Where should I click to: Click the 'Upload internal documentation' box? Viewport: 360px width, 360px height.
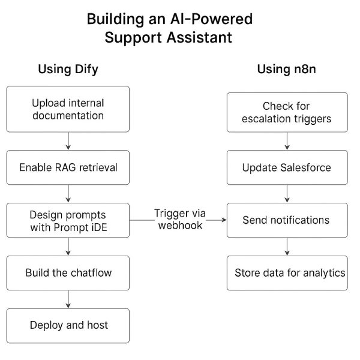pos(68,109)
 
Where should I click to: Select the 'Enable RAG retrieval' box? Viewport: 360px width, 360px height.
pos(68,167)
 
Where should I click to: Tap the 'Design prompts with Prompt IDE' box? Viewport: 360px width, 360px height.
pos(68,220)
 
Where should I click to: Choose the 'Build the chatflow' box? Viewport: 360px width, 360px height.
pos(68,272)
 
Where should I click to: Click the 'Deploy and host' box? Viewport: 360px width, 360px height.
pos(68,325)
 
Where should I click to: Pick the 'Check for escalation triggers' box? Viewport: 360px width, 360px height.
pos(287,112)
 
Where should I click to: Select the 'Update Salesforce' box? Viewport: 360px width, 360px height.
pos(287,167)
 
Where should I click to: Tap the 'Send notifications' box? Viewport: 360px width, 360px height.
pos(287,220)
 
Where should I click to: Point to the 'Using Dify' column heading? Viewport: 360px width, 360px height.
pos(68,69)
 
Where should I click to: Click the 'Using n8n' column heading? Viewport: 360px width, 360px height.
pos(287,69)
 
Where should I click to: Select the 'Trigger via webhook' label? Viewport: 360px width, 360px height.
pos(178,220)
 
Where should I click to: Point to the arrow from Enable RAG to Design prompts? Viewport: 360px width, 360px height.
pos(68,193)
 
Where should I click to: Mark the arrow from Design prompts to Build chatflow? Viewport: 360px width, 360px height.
pos(68,246)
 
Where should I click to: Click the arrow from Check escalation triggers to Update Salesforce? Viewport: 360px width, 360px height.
pos(287,140)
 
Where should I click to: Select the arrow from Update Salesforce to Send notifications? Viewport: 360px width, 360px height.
pos(287,193)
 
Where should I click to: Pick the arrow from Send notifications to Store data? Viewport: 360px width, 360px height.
pos(287,246)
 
